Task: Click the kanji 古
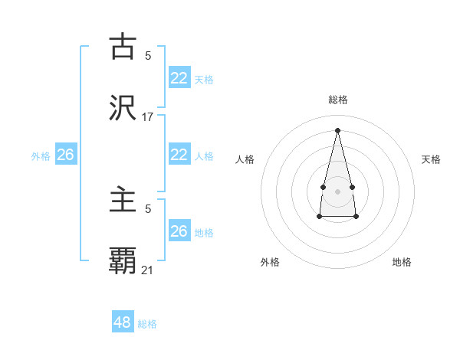(x=123, y=47)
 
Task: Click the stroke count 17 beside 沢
(x=148, y=117)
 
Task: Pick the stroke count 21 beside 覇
(x=148, y=270)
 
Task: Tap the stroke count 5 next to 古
(x=148, y=55)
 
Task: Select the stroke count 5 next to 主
(x=148, y=208)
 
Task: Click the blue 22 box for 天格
(x=179, y=78)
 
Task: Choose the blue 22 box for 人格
(x=179, y=155)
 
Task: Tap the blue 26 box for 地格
(x=179, y=231)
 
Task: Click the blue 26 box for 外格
(x=65, y=155)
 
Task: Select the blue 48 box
(x=123, y=322)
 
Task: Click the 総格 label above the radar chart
(x=337, y=100)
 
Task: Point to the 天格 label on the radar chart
(x=431, y=159)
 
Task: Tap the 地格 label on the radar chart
(x=402, y=262)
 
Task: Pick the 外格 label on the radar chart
(x=270, y=262)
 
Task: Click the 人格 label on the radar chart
(x=245, y=159)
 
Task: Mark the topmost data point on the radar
(x=337, y=130)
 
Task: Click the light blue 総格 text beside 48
(x=147, y=324)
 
